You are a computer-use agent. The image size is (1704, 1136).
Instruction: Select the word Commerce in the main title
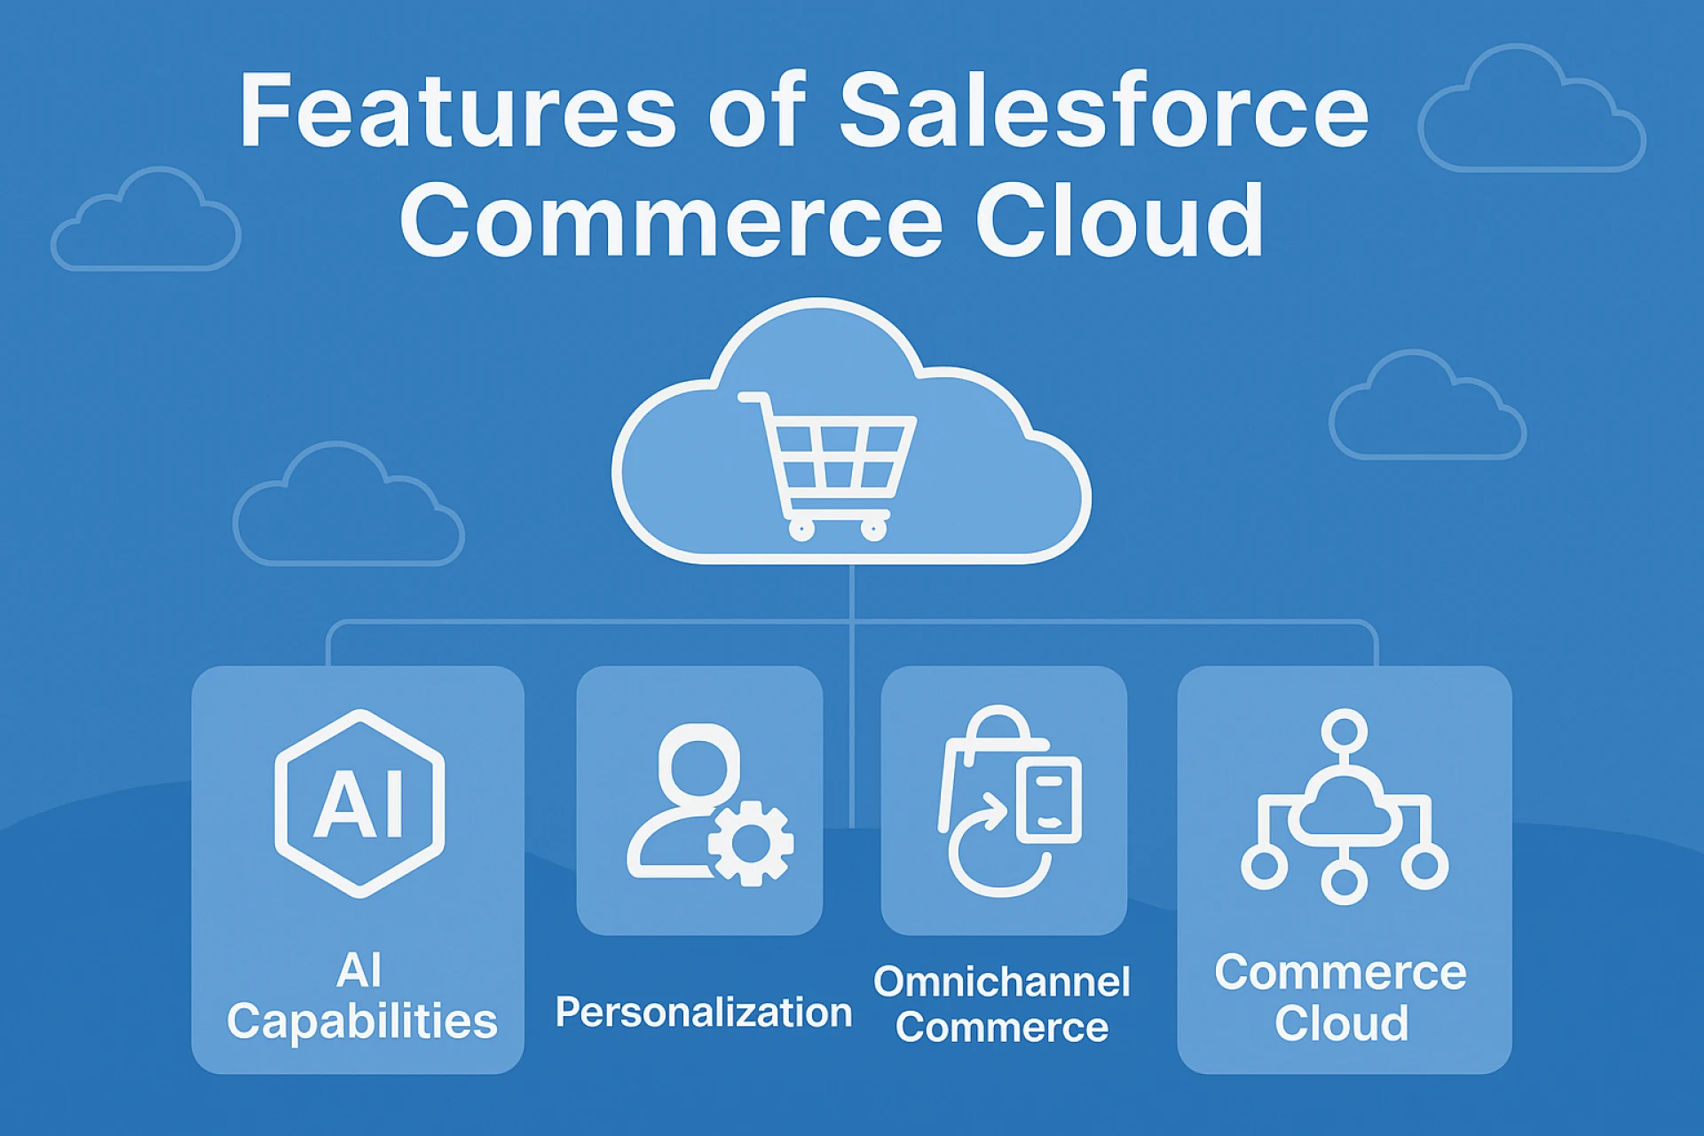click(671, 220)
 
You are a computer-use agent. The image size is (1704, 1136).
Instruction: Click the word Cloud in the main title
click(1119, 220)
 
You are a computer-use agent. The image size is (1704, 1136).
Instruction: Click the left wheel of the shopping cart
click(801, 531)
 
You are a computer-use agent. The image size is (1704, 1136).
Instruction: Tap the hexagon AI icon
click(359, 803)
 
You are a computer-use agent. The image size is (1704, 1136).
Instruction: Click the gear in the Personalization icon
click(751, 843)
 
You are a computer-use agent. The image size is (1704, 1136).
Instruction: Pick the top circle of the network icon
click(1344, 730)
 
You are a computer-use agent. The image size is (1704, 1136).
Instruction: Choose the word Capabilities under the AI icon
click(362, 1022)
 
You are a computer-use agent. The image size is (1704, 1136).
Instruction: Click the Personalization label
click(704, 1013)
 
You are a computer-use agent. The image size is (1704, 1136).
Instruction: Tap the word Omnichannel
click(1002, 982)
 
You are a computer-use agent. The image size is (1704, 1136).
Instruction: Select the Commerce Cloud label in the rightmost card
click(1341, 998)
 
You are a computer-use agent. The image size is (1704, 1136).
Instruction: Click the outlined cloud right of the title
click(1531, 111)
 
